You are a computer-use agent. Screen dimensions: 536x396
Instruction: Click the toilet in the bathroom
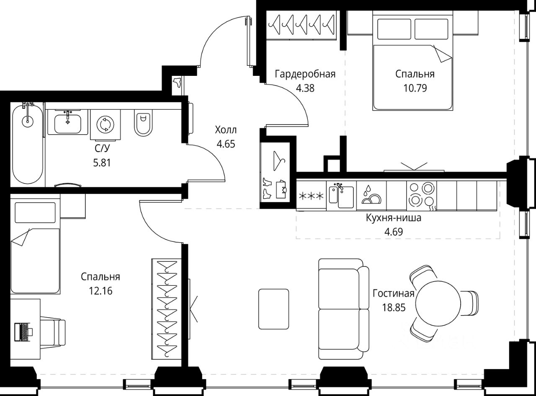[x=143, y=122]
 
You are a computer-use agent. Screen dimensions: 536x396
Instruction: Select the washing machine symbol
[x=106, y=124]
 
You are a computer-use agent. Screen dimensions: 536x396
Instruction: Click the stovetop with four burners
[x=422, y=196]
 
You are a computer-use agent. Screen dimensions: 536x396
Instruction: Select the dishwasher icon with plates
[x=371, y=195]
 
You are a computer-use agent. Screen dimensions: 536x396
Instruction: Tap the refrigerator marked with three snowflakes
[x=311, y=195]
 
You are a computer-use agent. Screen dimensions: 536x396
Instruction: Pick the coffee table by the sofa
[x=273, y=309]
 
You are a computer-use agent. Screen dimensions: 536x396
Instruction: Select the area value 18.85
[x=394, y=308]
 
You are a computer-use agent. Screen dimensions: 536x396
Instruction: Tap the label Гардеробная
[x=305, y=74]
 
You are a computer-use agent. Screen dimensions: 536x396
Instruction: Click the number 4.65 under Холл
[x=226, y=144]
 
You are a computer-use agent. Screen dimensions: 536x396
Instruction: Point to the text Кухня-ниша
[x=394, y=218]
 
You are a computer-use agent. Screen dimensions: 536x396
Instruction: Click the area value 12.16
[x=100, y=291]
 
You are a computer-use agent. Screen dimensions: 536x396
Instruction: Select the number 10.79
[x=415, y=88]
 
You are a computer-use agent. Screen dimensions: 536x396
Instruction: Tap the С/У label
[x=102, y=148]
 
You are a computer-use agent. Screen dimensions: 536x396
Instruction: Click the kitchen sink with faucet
[x=341, y=195]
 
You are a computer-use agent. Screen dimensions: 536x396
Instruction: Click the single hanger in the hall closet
[x=279, y=161]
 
